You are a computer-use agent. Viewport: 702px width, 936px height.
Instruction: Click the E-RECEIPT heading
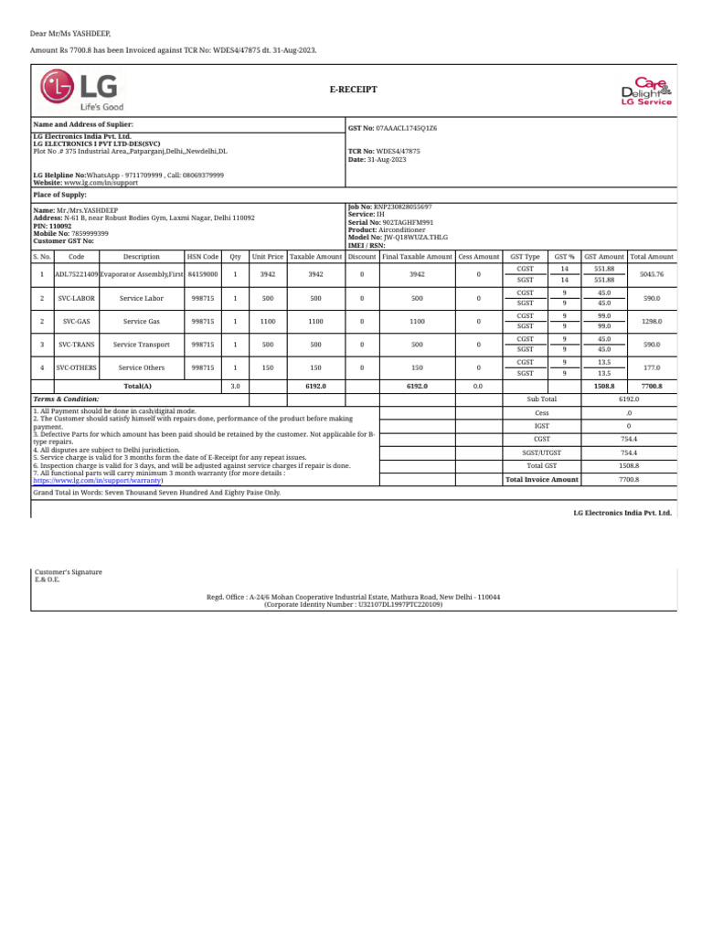click(353, 90)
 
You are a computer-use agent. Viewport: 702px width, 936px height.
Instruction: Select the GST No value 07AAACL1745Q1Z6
click(407, 129)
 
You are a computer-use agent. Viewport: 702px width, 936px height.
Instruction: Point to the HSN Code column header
click(202, 258)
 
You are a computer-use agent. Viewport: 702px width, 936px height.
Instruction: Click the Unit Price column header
click(268, 258)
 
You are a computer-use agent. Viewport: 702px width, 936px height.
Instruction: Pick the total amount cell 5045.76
click(651, 274)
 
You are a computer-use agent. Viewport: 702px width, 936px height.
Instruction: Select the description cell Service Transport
click(142, 345)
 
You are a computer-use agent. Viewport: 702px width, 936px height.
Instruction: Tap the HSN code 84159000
click(202, 274)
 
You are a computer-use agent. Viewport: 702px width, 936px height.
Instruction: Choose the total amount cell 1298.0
click(651, 322)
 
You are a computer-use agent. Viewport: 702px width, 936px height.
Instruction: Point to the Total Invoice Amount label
click(542, 479)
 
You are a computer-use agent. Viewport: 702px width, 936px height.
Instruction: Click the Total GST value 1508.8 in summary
click(629, 465)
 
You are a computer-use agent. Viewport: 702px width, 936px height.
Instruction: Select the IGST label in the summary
click(542, 426)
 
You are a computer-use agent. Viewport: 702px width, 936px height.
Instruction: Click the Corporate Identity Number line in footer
click(353, 604)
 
